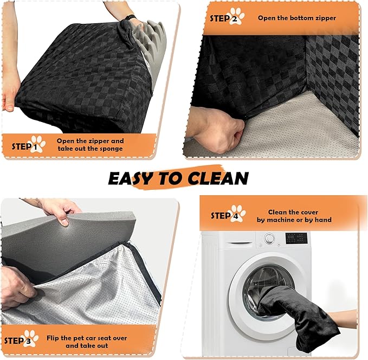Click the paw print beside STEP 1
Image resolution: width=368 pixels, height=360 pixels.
tap(38, 144)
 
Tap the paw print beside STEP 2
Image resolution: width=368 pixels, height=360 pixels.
tap(237, 16)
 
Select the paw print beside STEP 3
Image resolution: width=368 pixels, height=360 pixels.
tap(31, 338)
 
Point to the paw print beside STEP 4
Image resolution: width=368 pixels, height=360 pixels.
tap(238, 214)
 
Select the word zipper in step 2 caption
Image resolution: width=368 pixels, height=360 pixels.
tap(326, 18)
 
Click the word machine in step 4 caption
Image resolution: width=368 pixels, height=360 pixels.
tap(280, 220)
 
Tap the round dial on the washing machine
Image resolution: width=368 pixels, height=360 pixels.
tap(270, 239)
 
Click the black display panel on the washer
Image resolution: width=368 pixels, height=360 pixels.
tap(296, 238)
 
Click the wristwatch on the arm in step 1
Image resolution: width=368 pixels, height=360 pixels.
tap(130, 17)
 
